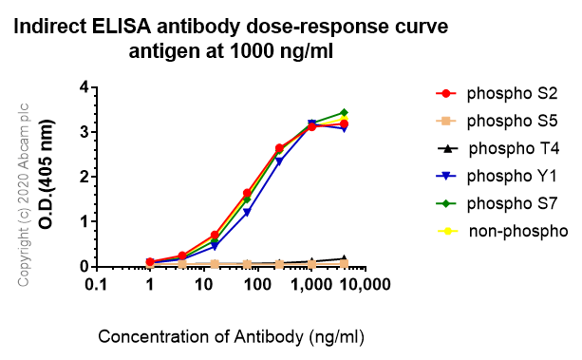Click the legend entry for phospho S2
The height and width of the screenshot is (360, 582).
coord(504,93)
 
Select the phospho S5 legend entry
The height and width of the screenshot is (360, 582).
coord(504,121)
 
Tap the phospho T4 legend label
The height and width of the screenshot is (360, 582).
coord(504,148)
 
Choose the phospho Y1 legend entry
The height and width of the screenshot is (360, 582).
coord(504,176)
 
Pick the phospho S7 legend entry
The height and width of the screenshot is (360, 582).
coord(504,203)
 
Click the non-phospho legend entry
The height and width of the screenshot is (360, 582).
coord(504,231)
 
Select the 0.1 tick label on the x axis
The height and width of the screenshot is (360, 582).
coord(94,284)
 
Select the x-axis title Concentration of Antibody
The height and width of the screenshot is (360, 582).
coord(231,336)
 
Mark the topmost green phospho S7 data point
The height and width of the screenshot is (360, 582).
coord(344,112)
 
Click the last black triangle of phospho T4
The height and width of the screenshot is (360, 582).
coord(344,258)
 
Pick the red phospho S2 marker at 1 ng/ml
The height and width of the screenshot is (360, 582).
coord(150,261)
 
